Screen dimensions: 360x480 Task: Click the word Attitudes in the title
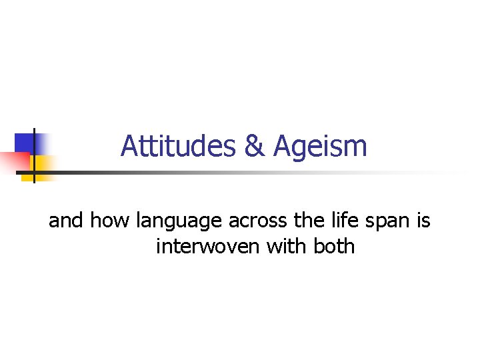pos(179,146)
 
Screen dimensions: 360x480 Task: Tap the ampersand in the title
pos(254,146)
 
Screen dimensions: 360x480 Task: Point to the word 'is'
pos(424,220)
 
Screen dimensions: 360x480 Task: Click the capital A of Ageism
pos(281,146)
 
